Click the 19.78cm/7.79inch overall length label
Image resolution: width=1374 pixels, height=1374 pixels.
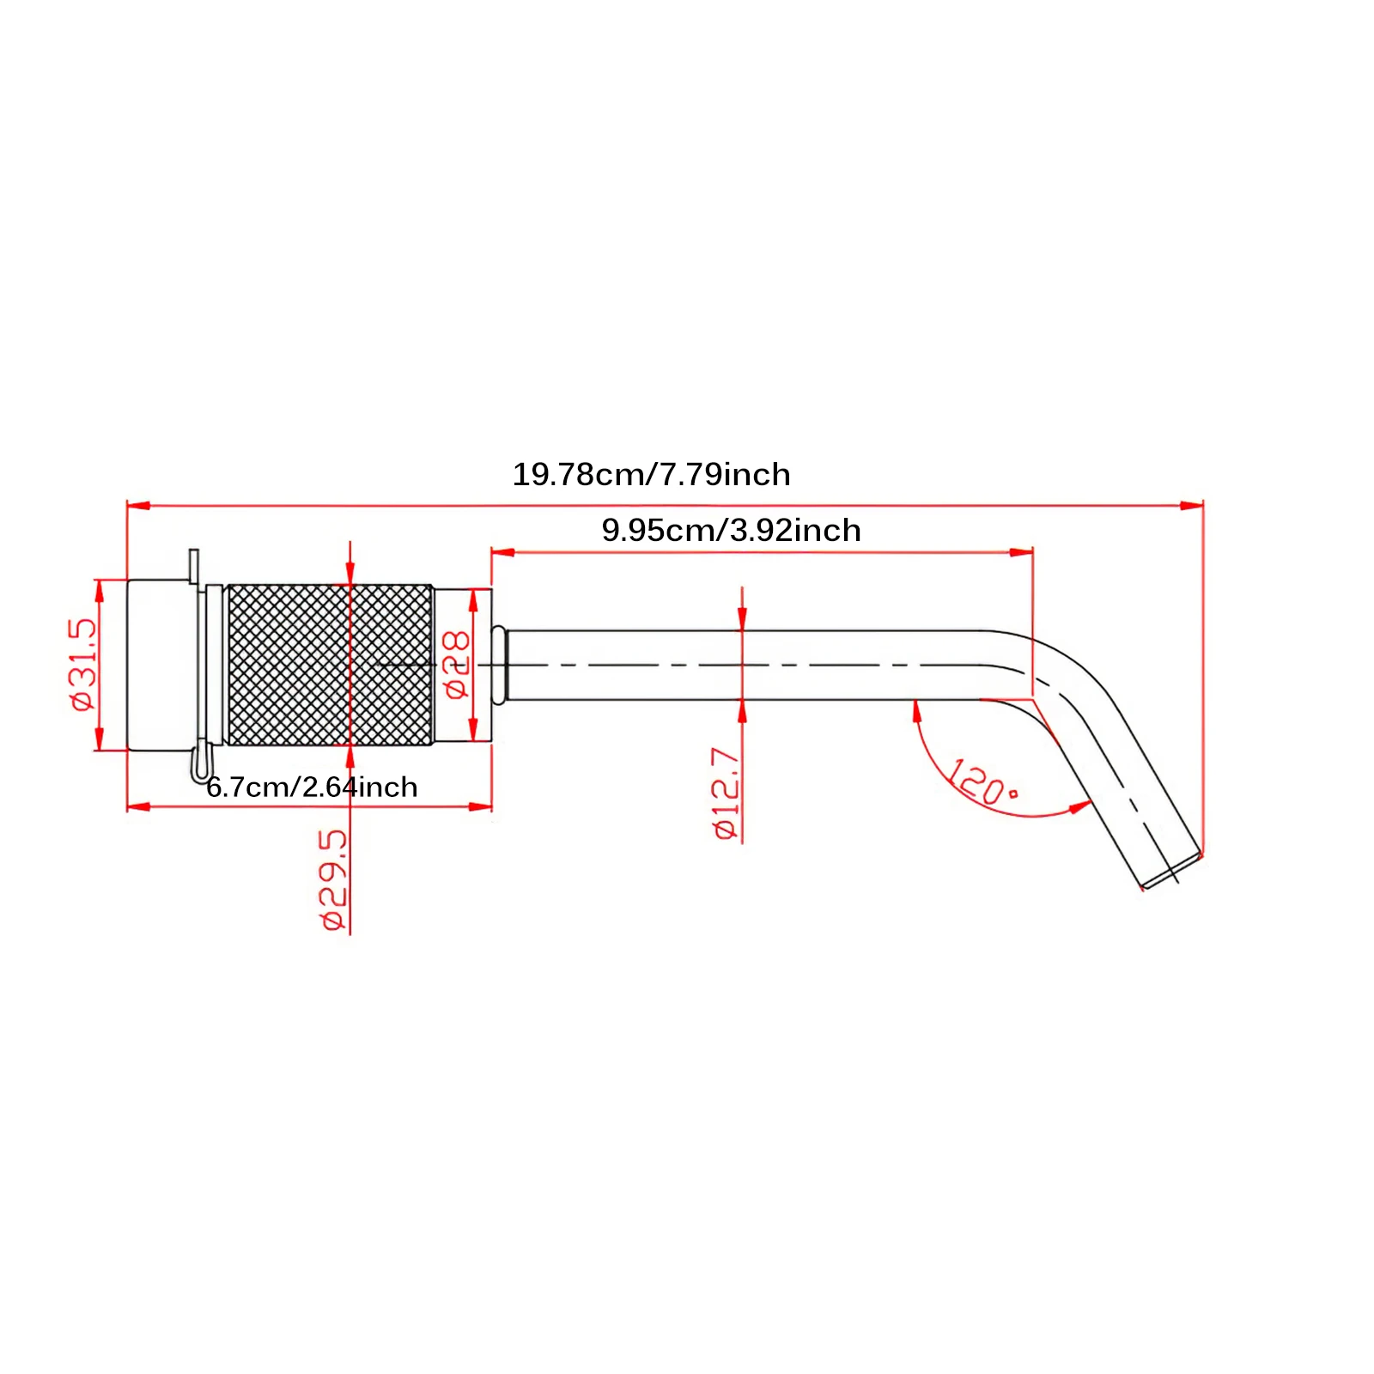(x=651, y=475)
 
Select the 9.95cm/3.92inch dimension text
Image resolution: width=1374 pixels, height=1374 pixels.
(x=731, y=531)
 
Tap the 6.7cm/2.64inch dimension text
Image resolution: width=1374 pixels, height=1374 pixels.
(x=312, y=787)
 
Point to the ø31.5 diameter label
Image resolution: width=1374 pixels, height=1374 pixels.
(x=84, y=664)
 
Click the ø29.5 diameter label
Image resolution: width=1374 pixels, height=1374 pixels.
(x=335, y=879)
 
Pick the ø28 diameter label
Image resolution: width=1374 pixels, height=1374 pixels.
(x=457, y=664)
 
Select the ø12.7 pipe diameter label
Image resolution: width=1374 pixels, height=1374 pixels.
(x=726, y=793)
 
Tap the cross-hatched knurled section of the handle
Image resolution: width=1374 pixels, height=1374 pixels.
(x=330, y=665)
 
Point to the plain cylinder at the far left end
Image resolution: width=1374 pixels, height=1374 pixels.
(x=159, y=665)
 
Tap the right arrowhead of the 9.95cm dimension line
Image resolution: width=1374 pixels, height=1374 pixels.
(x=1022, y=552)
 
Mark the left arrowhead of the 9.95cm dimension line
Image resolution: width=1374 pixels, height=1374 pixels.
(x=502, y=552)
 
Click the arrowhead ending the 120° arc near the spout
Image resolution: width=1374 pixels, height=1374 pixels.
(x=1081, y=806)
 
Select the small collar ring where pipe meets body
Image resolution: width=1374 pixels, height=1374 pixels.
(x=499, y=665)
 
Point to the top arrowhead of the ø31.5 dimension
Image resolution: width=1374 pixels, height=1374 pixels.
(x=99, y=590)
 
